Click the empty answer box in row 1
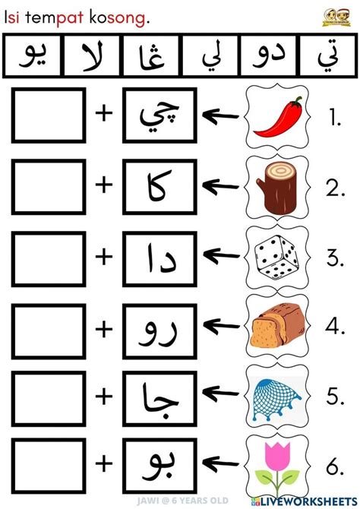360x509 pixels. [49, 116]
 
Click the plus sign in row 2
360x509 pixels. [103, 185]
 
